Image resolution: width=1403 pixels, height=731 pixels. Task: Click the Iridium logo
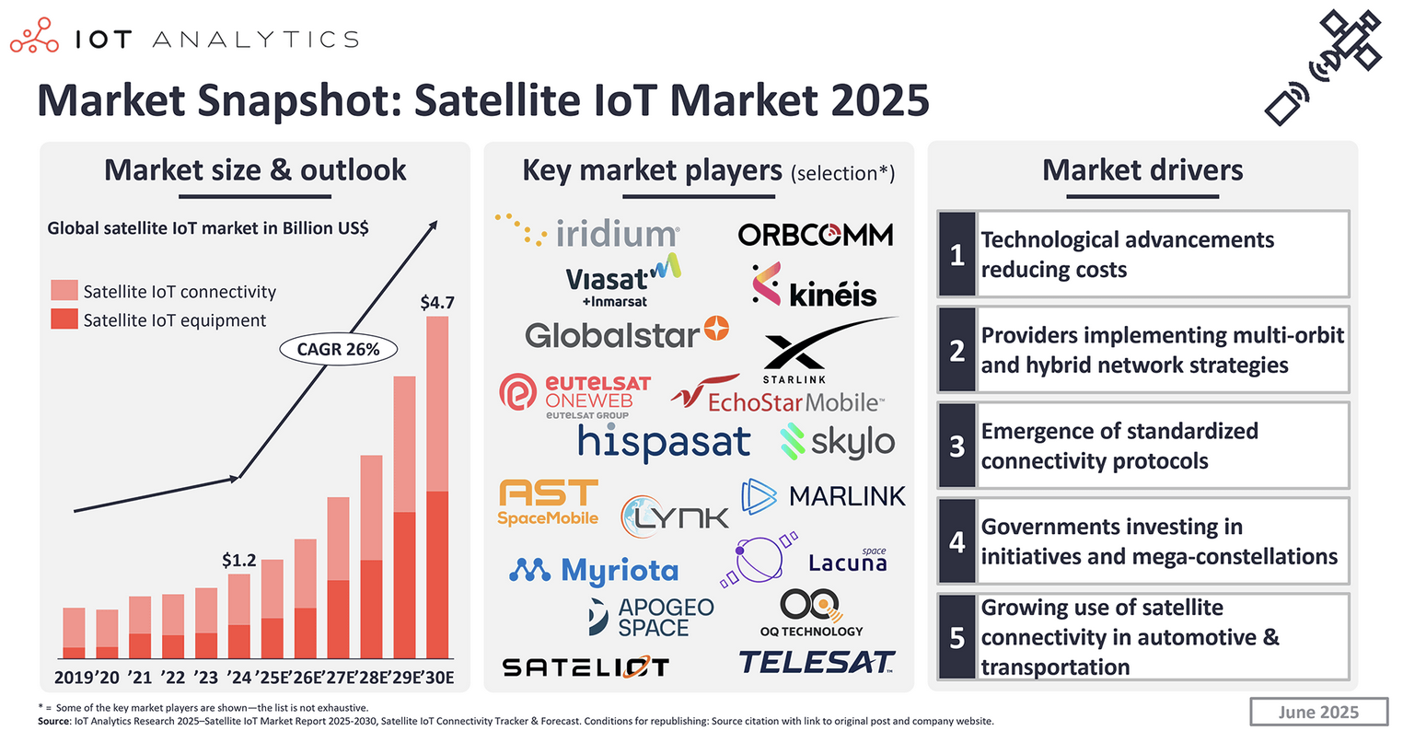tap(589, 232)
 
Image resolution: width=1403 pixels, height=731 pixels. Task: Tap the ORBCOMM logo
tap(816, 235)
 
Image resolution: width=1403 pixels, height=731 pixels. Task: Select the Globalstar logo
tap(626, 333)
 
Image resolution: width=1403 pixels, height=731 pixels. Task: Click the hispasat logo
tap(664, 443)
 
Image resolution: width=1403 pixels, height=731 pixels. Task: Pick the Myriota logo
tap(594, 571)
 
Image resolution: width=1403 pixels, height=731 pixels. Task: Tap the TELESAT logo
tap(817, 662)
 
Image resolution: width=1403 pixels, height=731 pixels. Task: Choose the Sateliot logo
tap(586, 667)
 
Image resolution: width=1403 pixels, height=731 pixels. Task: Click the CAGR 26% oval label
tap(338, 349)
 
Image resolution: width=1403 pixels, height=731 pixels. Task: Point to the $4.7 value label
tap(437, 302)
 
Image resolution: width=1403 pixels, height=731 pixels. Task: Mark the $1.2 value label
tap(239, 560)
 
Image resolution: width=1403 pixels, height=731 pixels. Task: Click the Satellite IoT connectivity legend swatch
tap(64, 291)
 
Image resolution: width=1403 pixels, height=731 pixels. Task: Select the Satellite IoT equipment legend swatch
tap(64, 319)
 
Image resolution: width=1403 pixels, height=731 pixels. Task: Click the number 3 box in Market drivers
tap(957, 446)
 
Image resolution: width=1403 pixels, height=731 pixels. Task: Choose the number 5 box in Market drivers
tap(957, 637)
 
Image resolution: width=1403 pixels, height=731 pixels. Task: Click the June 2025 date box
tap(1318, 712)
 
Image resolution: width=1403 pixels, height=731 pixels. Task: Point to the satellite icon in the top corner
tap(1325, 66)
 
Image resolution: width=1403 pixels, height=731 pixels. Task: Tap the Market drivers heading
tap(1142, 170)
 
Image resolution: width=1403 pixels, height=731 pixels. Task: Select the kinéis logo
tap(814, 285)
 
